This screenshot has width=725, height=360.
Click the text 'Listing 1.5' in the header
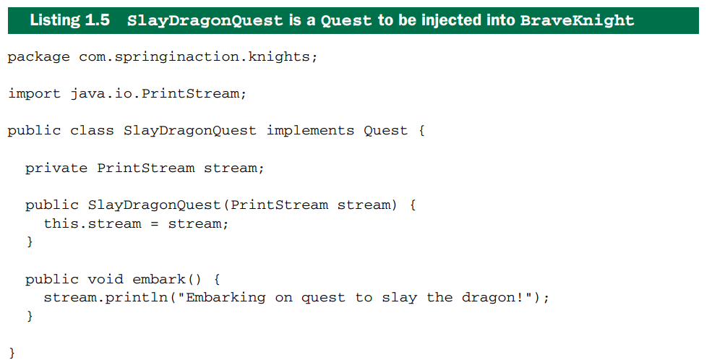[70, 20]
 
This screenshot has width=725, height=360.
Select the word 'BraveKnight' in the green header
[577, 21]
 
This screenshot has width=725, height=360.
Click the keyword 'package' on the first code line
[39, 57]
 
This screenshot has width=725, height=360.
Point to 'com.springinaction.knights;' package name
[198, 57]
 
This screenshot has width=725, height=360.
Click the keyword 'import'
[34, 94]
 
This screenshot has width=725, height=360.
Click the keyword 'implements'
[310, 132]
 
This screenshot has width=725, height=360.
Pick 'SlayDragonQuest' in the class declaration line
[189, 132]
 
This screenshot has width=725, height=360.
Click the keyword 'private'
[56, 168]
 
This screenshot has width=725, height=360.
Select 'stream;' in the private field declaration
[234, 168]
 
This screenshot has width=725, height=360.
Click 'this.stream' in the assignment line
[92, 223]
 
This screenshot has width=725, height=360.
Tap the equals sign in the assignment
[155, 224]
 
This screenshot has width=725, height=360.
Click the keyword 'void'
[106, 279]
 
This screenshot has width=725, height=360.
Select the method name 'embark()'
[168, 279]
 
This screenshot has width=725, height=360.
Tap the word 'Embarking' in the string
[226, 298]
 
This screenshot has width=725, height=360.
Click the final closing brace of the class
[12, 353]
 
